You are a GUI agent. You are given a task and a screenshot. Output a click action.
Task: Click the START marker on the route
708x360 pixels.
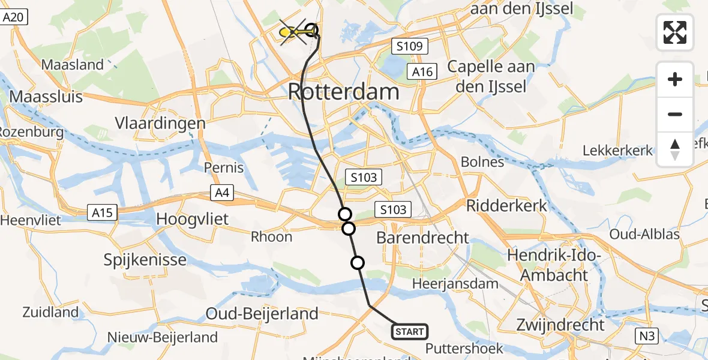(410, 331)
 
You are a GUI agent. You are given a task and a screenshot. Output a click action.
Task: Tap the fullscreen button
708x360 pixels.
(675, 32)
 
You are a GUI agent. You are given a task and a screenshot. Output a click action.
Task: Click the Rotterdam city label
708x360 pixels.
(343, 92)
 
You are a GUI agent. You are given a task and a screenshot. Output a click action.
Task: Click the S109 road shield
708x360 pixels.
(409, 46)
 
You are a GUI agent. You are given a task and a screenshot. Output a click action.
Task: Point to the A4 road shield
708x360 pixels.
(221, 193)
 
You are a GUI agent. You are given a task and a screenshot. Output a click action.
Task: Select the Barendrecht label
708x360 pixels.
(422, 238)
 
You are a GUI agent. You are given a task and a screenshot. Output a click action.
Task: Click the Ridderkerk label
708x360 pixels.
(507, 206)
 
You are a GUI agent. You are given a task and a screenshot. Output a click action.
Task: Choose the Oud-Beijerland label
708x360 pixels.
(262, 313)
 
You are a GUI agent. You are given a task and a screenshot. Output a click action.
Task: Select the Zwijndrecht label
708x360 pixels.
(560, 325)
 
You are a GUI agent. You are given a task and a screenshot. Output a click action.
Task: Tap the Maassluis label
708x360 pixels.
(46, 97)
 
